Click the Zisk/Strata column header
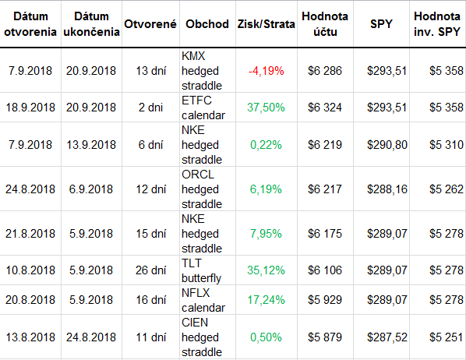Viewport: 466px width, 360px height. click(x=266, y=24)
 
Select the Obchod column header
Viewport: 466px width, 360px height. click(x=207, y=24)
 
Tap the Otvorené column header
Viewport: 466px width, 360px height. click(x=150, y=24)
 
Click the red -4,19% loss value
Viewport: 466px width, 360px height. click(x=266, y=71)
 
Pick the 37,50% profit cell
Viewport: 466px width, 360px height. click(x=266, y=108)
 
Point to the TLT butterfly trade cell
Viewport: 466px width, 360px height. click(x=202, y=270)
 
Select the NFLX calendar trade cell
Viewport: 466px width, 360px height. click(x=203, y=300)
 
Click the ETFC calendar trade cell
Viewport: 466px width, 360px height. click(x=203, y=108)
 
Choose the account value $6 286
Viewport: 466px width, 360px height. click(x=325, y=71)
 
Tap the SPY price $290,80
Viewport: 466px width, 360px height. click(x=387, y=145)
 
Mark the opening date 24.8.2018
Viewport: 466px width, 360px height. click(x=30, y=189)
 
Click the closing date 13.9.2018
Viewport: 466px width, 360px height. click(x=91, y=145)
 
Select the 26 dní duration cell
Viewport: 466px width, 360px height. click(x=150, y=270)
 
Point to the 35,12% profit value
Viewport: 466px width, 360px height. click(x=266, y=270)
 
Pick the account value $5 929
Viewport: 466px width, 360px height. click(x=325, y=300)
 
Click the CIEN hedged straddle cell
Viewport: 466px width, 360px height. click(x=202, y=337)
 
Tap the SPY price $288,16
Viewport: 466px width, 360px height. click(x=387, y=189)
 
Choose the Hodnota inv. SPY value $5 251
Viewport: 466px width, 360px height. click(x=447, y=337)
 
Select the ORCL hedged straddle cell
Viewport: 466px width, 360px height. click(x=202, y=189)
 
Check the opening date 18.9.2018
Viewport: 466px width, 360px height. click(x=30, y=108)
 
